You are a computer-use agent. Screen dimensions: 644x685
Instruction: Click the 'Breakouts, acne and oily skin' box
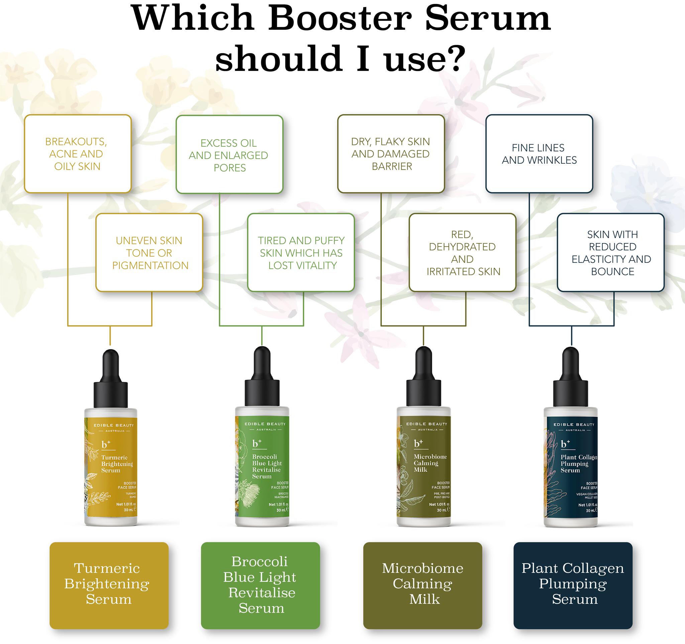click(x=78, y=154)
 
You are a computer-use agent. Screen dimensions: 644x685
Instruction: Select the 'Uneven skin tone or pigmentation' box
click(x=149, y=253)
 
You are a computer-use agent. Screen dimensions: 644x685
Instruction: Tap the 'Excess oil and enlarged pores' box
click(x=229, y=154)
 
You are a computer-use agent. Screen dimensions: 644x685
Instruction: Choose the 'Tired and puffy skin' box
click(x=301, y=253)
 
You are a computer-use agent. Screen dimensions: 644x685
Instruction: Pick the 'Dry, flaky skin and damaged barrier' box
click(x=391, y=154)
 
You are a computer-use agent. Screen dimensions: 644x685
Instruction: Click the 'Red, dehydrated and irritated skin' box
click(x=463, y=253)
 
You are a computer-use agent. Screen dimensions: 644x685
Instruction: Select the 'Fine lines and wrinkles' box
click(x=539, y=154)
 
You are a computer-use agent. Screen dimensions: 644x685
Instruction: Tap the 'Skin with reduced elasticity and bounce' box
click(x=610, y=253)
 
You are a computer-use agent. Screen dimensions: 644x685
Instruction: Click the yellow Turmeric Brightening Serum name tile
click(x=109, y=585)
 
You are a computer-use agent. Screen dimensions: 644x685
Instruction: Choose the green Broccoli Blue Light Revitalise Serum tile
click(x=260, y=585)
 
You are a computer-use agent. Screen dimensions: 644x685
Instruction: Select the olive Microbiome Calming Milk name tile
click(x=422, y=585)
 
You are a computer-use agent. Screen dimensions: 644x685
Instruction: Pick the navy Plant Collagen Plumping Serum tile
click(x=573, y=585)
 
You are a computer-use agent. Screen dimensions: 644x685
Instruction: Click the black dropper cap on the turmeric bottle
click(x=111, y=383)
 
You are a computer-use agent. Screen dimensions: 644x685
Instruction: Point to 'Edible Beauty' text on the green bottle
click(x=265, y=424)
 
